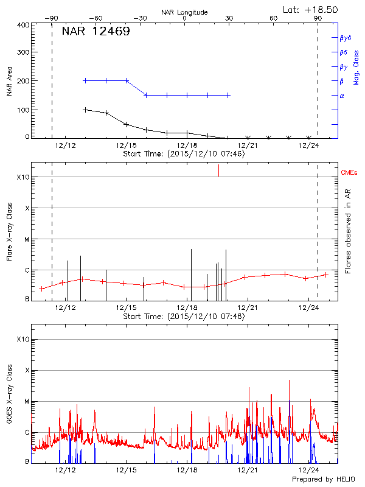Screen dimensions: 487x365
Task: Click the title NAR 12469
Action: click(x=96, y=32)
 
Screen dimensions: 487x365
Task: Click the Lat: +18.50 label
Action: click(x=311, y=9)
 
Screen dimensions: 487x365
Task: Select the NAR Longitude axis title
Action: click(x=184, y=12)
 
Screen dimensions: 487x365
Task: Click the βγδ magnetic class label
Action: click(x=346, y=38)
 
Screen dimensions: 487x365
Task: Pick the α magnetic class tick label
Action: click(x=342, y=96)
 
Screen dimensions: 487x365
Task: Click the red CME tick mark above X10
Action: click(x=218, y=170)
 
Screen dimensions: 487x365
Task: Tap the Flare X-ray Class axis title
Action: click(x=9, y=231)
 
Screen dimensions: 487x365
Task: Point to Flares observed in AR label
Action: click(x=348, y=231)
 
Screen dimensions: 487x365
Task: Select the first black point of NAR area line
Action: click(x=85, y=110)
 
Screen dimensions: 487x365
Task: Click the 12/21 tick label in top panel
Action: click(x=248, y=146)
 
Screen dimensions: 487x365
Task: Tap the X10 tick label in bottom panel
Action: click(x=22, y=339)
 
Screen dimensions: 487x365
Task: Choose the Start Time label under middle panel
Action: click(x=184, y=317)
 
